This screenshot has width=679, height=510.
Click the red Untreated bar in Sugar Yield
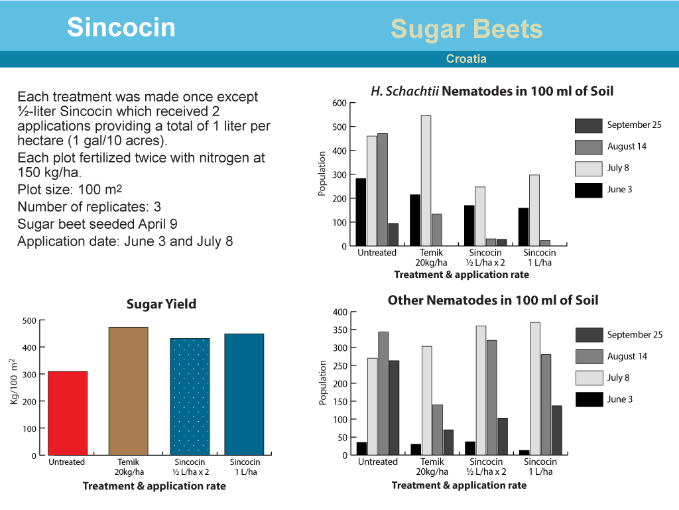point(68,413)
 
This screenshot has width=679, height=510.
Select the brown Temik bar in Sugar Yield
point(128,391)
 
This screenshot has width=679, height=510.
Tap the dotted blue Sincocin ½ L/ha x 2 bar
point(190,397)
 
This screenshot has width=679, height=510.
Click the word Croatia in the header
point(466,59)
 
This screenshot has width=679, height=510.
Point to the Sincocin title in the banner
point(121,27)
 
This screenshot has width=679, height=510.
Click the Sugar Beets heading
point(466,29)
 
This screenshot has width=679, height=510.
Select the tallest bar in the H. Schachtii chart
point(426,180)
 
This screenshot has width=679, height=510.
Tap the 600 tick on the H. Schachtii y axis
point(339,103)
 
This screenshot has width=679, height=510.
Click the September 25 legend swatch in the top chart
point(589,125)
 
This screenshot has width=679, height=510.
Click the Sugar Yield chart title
point(161,304)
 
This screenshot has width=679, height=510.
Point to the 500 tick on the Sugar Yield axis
point(29,321)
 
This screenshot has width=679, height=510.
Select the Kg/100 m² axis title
point(14,381)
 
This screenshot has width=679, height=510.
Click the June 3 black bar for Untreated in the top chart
point(361,212)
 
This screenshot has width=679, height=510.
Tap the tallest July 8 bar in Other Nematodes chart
point(535,389)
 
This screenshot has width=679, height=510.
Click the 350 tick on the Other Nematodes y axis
point(340,330)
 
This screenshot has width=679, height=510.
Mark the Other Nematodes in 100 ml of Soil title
point(493,300)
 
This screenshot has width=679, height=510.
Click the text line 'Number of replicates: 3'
point(90,207)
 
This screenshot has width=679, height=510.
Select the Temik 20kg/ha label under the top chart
point(431,257)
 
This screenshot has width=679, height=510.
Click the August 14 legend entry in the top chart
point(611,147)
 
